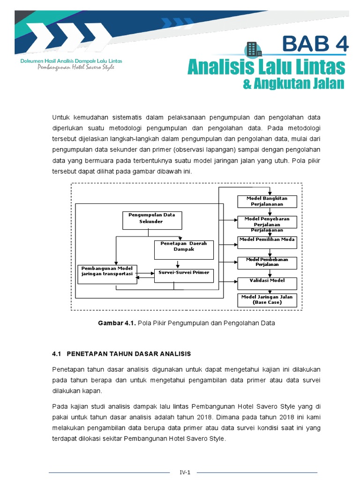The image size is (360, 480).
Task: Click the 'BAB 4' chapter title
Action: tap(315, 45)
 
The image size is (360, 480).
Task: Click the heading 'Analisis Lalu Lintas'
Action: tap(266, 67)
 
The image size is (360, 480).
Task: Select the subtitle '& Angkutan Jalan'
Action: tap(294, 84)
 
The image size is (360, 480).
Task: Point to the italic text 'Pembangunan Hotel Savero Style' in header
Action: tap(76, 67)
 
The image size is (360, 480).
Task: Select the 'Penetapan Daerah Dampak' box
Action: tap(184, 249)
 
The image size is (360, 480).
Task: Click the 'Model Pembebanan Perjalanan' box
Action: tap(267, 262)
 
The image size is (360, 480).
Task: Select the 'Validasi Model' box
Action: tap(267, 283)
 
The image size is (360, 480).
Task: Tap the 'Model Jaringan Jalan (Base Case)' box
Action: tap(267, 300)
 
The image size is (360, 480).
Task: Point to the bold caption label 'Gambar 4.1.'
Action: tap(117, 323)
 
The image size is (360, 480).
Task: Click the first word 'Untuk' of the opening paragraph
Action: tap(61, 117)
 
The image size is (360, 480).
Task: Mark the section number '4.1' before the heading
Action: tap(56, 353)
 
